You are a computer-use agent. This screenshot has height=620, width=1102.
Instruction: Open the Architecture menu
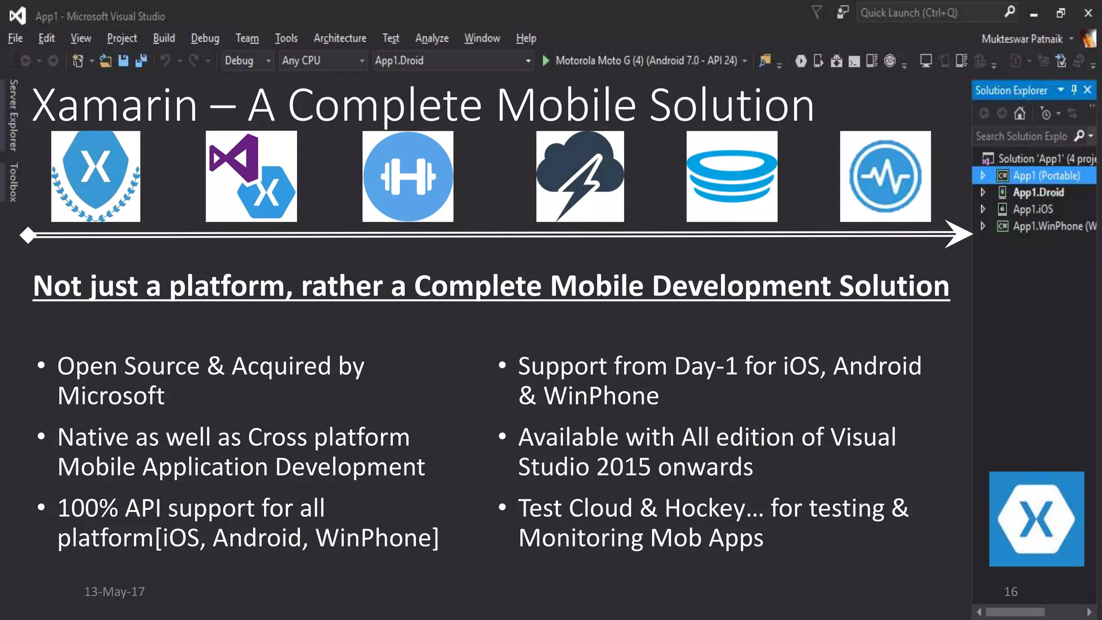(x=340, y=38)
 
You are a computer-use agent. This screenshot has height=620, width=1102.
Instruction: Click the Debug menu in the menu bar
(x=204, y=38)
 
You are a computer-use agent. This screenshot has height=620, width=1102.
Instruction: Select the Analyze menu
(x=432, y=38)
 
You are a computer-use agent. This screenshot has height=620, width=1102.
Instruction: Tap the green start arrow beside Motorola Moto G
(x=546, y=61)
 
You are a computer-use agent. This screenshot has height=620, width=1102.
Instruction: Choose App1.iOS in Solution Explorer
(x=1033, y=209)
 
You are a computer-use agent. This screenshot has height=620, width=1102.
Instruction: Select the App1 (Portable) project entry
(x=1046, y=176)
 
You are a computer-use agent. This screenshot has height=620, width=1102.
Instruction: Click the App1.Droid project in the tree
(x=1038, y=193)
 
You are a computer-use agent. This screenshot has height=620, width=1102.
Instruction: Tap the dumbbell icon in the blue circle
(x=408, y=177)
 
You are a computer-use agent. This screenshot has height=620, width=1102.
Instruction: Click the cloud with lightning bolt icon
(x=580, y=177)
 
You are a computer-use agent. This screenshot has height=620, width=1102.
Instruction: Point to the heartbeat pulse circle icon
(x=885, y=177)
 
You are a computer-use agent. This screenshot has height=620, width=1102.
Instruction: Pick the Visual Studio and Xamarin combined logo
(x=251, y=177)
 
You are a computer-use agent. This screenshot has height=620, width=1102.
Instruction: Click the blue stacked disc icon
(x=732, y=177)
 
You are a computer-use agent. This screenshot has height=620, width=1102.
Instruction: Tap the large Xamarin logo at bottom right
(x=1036, y=519)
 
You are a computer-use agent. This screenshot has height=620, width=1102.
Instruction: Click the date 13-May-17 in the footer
(x=114, y=591)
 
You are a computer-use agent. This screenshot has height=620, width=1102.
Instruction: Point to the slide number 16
(x=1011, y=591)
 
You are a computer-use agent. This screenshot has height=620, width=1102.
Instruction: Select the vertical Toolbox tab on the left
(x=13, y=182)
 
